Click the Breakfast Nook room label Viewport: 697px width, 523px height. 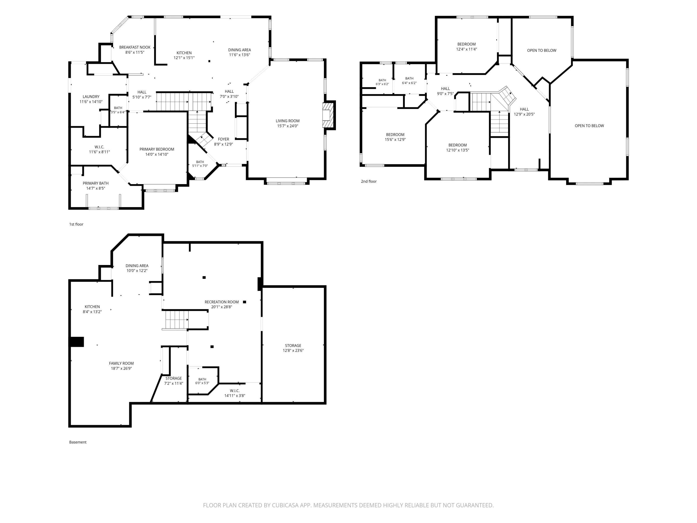point(135,47)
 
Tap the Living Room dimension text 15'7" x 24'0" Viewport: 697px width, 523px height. point(287,126)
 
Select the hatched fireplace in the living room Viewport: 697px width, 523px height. point(328,115)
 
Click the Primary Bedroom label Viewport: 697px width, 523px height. point(157,149)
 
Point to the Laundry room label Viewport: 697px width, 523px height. point(91,97)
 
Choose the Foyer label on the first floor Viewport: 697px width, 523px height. point(224,139)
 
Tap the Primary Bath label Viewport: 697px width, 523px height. point(95,183)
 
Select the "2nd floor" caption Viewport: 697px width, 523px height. point(369,182)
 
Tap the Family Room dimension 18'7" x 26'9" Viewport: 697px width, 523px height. point(121,368)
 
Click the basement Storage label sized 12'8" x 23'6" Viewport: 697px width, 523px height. point(293,345)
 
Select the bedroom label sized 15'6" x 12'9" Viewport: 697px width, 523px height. point(395,135)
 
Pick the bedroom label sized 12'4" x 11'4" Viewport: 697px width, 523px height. point(466,44)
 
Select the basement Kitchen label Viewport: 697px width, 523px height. point(92,307)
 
